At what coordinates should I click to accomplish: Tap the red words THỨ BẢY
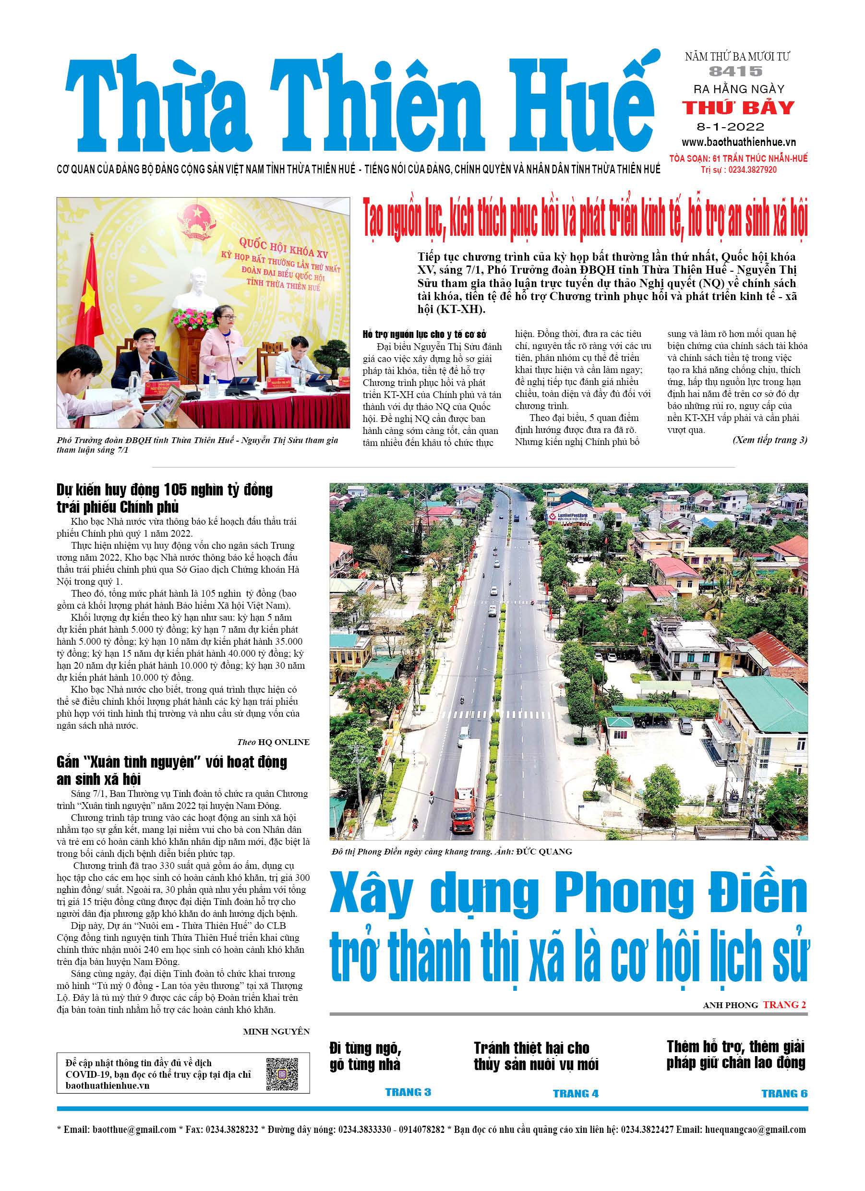738,108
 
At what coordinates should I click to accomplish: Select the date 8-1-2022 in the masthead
730,127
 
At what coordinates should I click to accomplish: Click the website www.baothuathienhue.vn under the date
738,142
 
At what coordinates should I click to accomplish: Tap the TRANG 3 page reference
408,1092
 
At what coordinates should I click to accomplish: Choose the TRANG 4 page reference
575,1094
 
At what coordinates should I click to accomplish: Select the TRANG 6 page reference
784,1094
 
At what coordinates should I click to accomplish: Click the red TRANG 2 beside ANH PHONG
784,1005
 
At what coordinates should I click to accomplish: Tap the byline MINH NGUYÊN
276,1031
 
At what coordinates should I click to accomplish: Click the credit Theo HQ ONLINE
273,742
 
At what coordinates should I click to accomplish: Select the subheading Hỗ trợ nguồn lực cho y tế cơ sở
424,335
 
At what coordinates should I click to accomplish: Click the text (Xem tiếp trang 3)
769,440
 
